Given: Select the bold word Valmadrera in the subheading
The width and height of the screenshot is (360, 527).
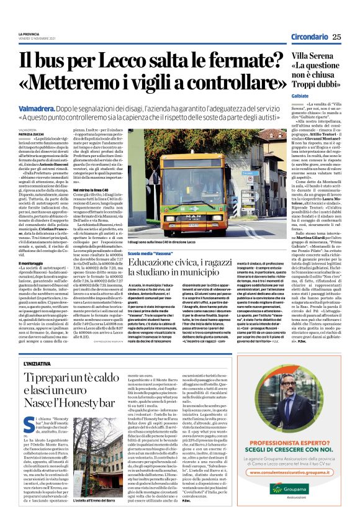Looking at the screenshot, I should [40, 108].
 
